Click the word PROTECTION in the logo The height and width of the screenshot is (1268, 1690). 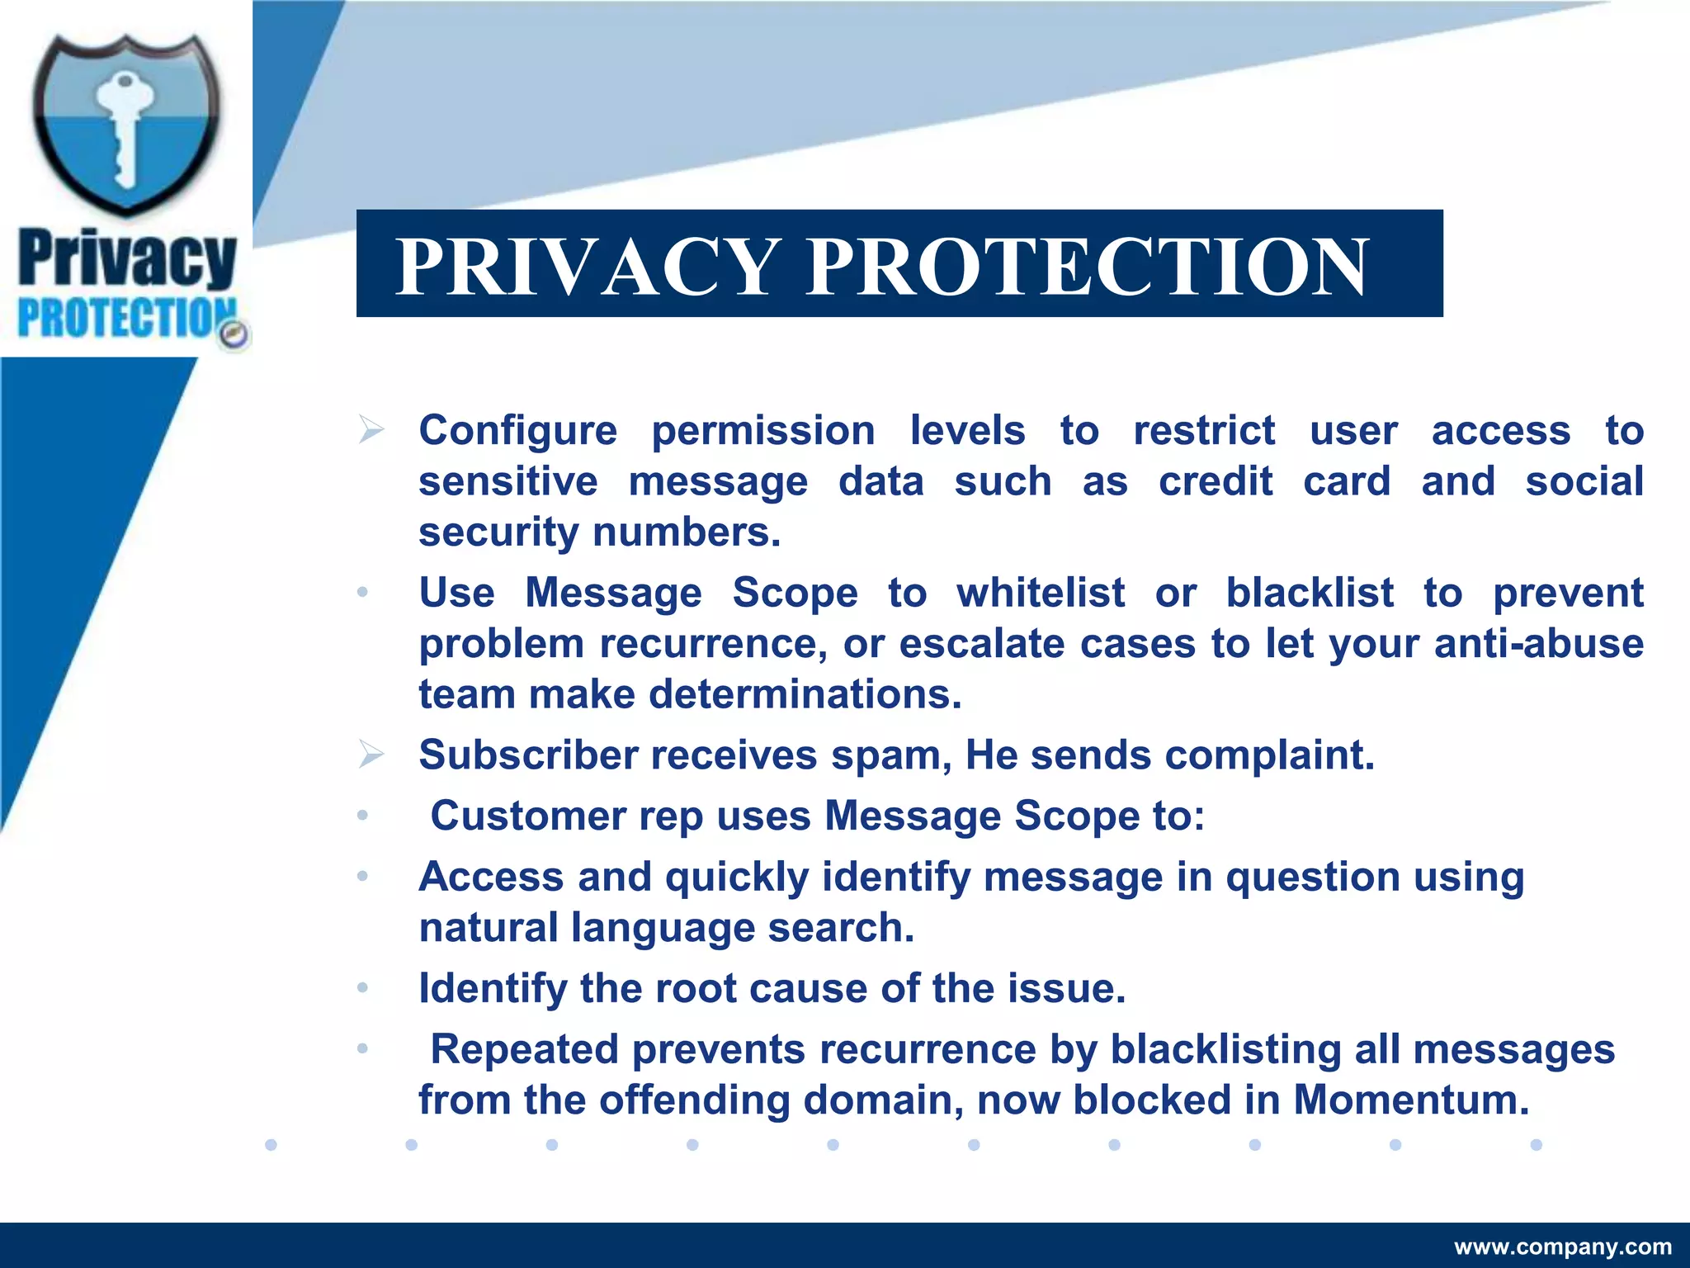124,319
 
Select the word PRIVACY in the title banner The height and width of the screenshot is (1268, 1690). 587,266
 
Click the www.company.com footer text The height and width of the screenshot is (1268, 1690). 1563,1247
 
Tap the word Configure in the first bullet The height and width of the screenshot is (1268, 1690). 517,431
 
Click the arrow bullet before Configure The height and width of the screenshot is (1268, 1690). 371,429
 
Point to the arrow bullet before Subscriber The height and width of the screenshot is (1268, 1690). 371,754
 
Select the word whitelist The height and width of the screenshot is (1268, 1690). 1041,593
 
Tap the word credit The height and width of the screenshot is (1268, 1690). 1216,481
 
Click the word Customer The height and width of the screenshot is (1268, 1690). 527,816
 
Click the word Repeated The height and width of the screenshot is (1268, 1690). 524,1050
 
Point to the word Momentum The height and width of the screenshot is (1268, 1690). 1411,1100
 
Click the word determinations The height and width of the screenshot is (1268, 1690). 805,695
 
